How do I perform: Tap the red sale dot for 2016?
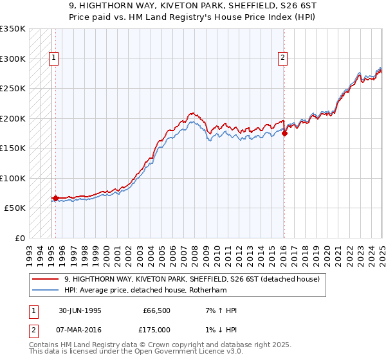pos(284,134)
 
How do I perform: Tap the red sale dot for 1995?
pos(55,198)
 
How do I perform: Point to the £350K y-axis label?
pos(13,29)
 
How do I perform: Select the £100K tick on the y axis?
pos(13,178)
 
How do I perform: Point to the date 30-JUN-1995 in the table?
pos(80,310)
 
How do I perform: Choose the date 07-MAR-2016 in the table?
pos(80,329)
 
